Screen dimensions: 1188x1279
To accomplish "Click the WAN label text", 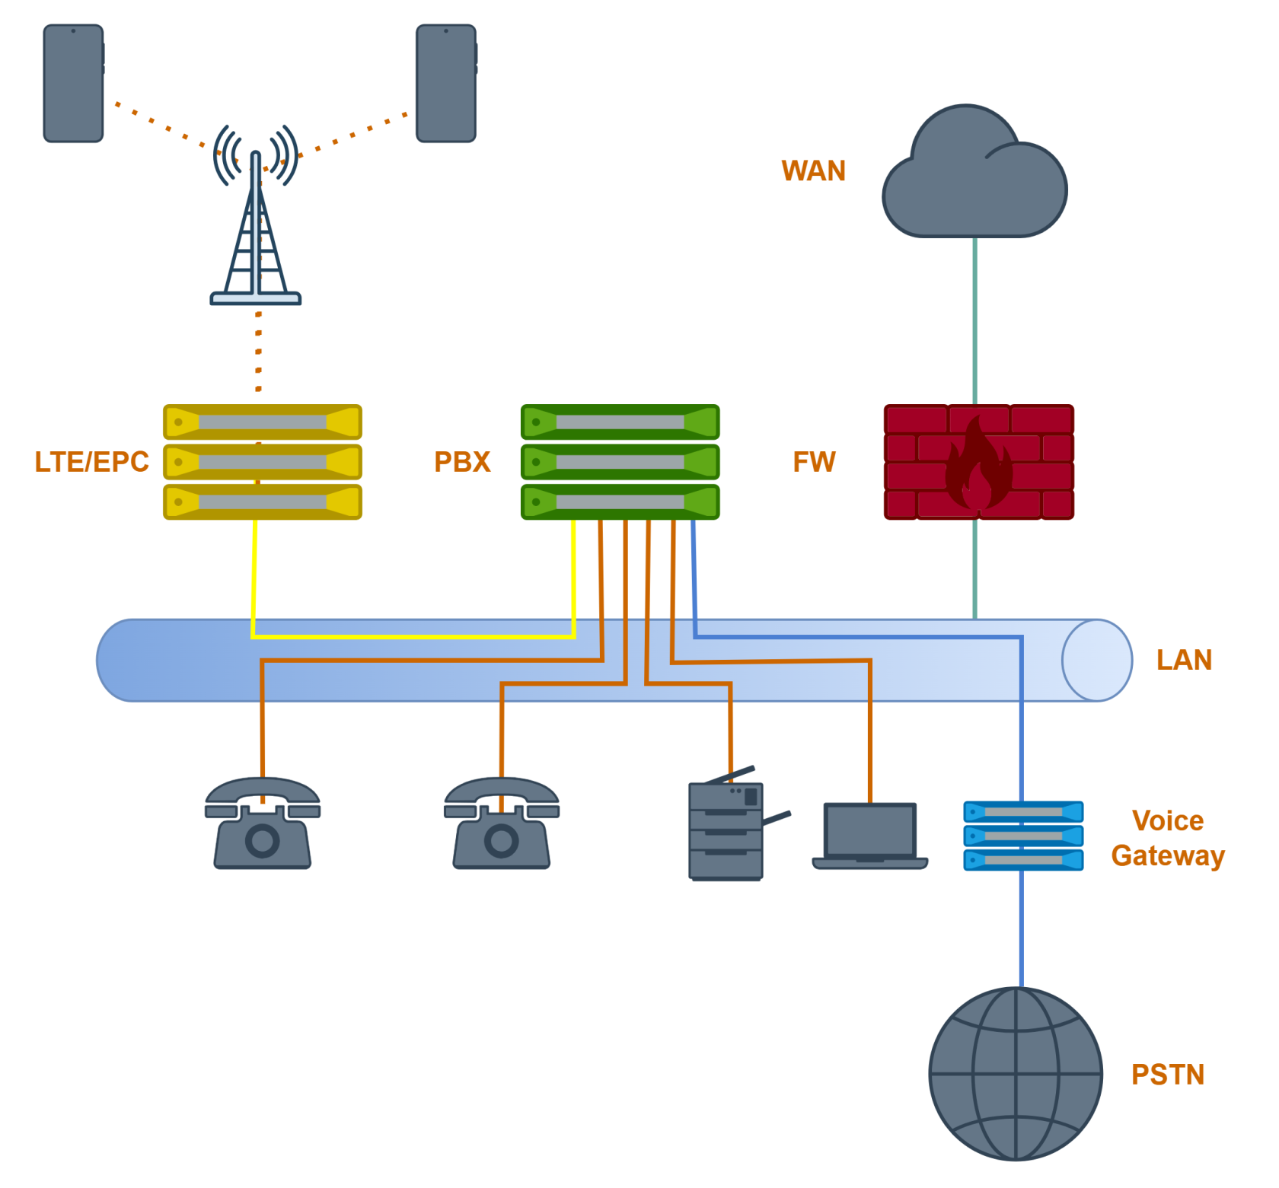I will point(813,171).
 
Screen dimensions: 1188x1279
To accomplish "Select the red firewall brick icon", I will point(978,462).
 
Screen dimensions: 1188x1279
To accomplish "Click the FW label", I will point(814,462).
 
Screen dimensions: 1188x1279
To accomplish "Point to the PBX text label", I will point(462,462).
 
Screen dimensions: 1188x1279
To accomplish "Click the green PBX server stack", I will point(620,462).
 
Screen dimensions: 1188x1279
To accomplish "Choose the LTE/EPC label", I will point(91,462).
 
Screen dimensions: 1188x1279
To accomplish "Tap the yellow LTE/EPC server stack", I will point(262,462).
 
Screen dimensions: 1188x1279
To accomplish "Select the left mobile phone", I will point(73,84).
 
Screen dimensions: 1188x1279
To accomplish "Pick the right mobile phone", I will point(446,84).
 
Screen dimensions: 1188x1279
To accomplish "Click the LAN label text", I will point(1184,660).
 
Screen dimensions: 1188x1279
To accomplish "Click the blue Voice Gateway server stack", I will point(1023,836).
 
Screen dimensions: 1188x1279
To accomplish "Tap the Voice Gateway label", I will point(1168,838).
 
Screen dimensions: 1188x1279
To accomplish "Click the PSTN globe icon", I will point(1016,1074).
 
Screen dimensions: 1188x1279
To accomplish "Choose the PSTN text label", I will point(1168,1075).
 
